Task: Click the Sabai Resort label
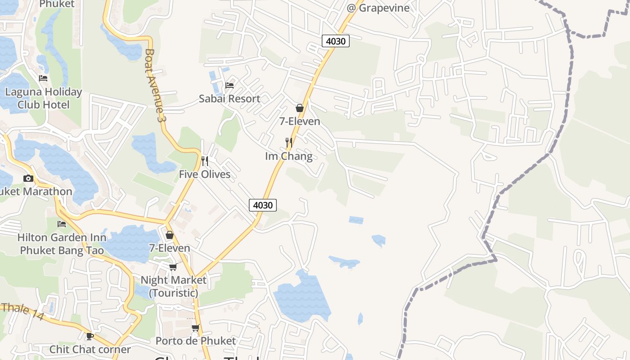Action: [229, 99]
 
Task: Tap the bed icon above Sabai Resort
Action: [229, 85]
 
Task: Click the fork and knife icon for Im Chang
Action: [289, 143]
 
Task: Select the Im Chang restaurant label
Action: [289, 156]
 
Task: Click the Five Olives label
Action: [205, 174]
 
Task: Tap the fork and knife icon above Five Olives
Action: [205, 161]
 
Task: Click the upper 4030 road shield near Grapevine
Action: [336, 41]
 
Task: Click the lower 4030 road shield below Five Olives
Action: [263, 205]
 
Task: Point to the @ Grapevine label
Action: [378, 8]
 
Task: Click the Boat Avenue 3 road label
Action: [153, 85]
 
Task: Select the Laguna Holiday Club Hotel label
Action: [44, 98]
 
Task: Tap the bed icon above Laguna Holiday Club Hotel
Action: [43, 78]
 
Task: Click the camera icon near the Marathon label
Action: [28, 178]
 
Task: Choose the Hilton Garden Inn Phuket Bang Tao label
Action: [62, 243]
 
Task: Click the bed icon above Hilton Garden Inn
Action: [62, 224]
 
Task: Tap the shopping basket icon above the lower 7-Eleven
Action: [170, 235]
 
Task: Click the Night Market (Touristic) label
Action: [174, 286]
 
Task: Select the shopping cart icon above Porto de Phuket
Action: [195, 328]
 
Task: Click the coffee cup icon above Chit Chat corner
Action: [90, 336]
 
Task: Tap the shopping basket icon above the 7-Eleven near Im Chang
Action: [300, 108]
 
